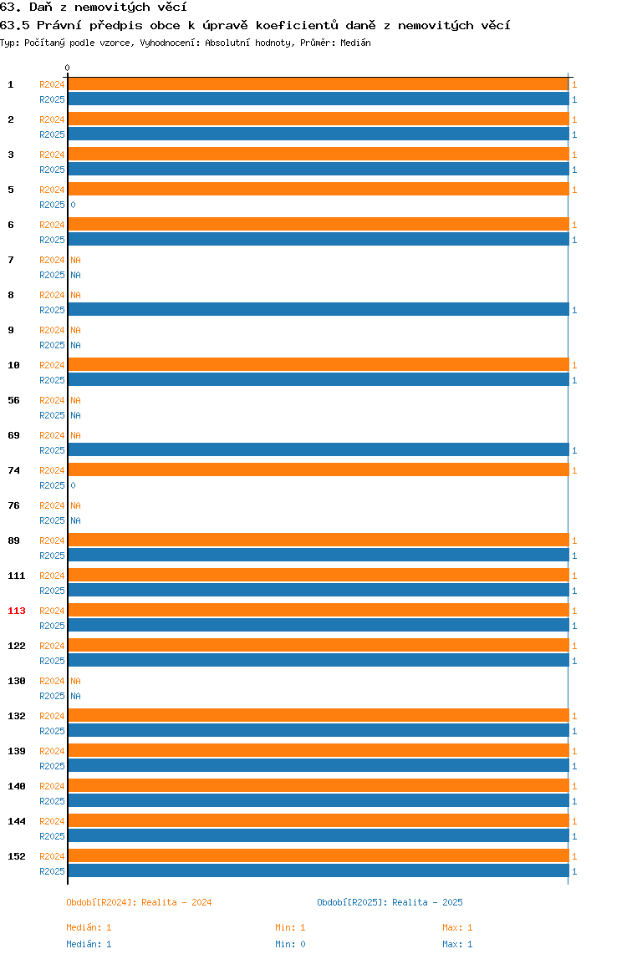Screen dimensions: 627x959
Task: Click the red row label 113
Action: coord(17,611)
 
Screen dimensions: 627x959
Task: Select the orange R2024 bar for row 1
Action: coord(319,84)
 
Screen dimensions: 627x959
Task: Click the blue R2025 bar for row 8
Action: coord(319,309)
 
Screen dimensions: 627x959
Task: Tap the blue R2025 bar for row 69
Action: coord(319,449)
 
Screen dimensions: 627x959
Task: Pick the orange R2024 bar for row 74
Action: coord(319,469)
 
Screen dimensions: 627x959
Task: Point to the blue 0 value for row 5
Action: coord(73,205)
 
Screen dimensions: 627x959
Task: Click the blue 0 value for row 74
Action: coord(73,485)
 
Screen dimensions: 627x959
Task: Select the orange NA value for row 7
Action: coord(75,260)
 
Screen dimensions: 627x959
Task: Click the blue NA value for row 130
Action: coord(75,696)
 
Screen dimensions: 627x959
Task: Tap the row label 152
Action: coord(17,856)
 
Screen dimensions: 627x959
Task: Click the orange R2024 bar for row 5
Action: coord(319,189)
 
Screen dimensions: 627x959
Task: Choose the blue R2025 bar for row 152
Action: coord(319,870)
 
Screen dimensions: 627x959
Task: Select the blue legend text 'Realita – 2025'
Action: coord(427,902)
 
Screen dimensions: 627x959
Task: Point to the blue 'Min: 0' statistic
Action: coord(290,944)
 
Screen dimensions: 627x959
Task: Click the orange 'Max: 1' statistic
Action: coord(457,928)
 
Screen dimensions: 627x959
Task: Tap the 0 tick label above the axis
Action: coord(68,68)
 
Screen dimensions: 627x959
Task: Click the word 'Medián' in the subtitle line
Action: coord(356,43)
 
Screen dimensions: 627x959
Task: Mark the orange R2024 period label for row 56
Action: coord(52,400)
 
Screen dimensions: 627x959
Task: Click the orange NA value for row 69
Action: coord(75,435)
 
